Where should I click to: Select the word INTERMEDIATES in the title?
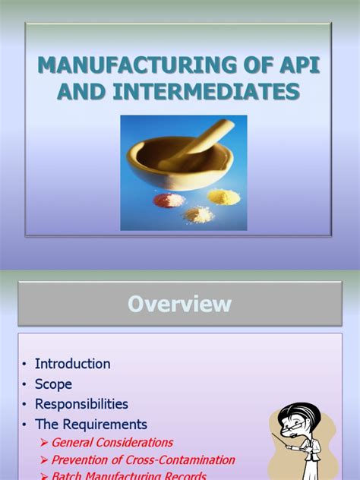[x=207, y=92]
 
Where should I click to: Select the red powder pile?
[x=169, y=200]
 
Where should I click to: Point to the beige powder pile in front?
[x=199, y=214]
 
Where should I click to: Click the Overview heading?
[x=180, y=304]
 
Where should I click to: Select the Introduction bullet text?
[x=73, y=364]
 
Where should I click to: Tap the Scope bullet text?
[x=54, y=384]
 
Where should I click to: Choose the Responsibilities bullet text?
[x=81, y=404]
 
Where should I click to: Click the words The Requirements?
[x=91, y=424]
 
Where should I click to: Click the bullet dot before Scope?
[x=25, y=384]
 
